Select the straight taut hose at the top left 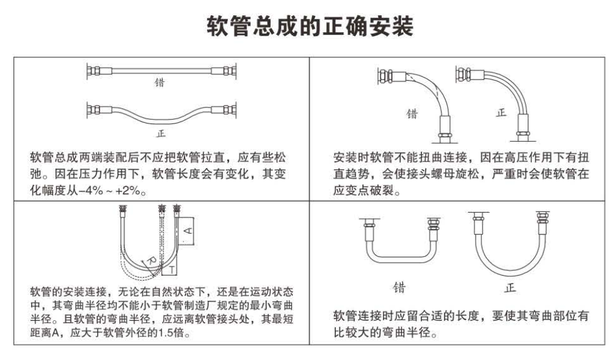161,71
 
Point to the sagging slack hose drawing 161,115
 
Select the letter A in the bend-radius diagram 189,231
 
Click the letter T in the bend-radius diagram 172,269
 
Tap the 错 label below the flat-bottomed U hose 399,287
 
